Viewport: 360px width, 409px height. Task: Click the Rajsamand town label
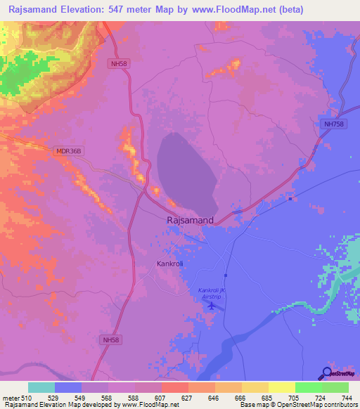click(191, 220)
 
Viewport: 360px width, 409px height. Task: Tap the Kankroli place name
click(169, 264)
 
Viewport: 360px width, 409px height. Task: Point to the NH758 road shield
click(334, 124)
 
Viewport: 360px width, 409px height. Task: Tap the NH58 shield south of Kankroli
click(111, 341)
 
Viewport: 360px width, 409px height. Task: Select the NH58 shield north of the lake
click(120, 63)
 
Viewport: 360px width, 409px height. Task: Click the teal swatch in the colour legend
click(41, 387)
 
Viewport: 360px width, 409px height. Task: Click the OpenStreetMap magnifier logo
click(326, 373)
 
